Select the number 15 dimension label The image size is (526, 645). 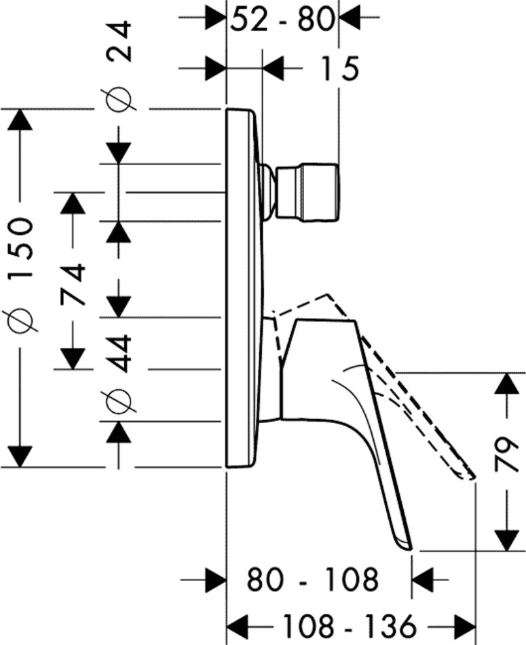tap(339, 69)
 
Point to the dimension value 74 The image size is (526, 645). tap(73, 285)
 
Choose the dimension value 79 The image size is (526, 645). tap(506, 454)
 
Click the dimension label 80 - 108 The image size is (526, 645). tap(312, 579)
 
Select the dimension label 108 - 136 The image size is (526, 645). tap(350, 626)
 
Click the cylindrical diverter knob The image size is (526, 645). tap(307, 193)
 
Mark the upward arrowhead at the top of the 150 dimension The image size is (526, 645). tap(19, 119)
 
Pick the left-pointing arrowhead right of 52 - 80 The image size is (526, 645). tap(350, 17)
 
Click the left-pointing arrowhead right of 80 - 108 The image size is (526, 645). tap(423, 579)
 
